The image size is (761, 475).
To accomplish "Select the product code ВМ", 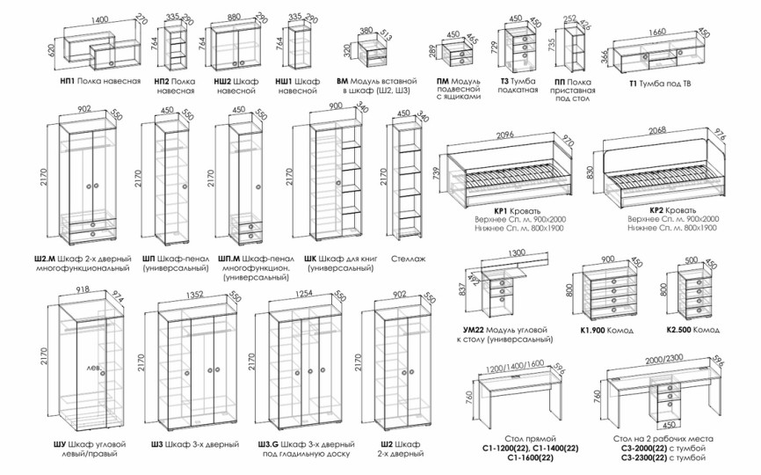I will click(x=342, y=80).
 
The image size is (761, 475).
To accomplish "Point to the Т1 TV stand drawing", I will click(x=660, y=57).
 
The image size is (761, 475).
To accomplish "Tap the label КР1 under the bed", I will click(x=503, y=211).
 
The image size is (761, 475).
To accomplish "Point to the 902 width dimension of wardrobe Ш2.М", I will click(x=84, y=110).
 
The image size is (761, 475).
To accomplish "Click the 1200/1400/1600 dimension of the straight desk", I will click(x=516, y=364).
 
